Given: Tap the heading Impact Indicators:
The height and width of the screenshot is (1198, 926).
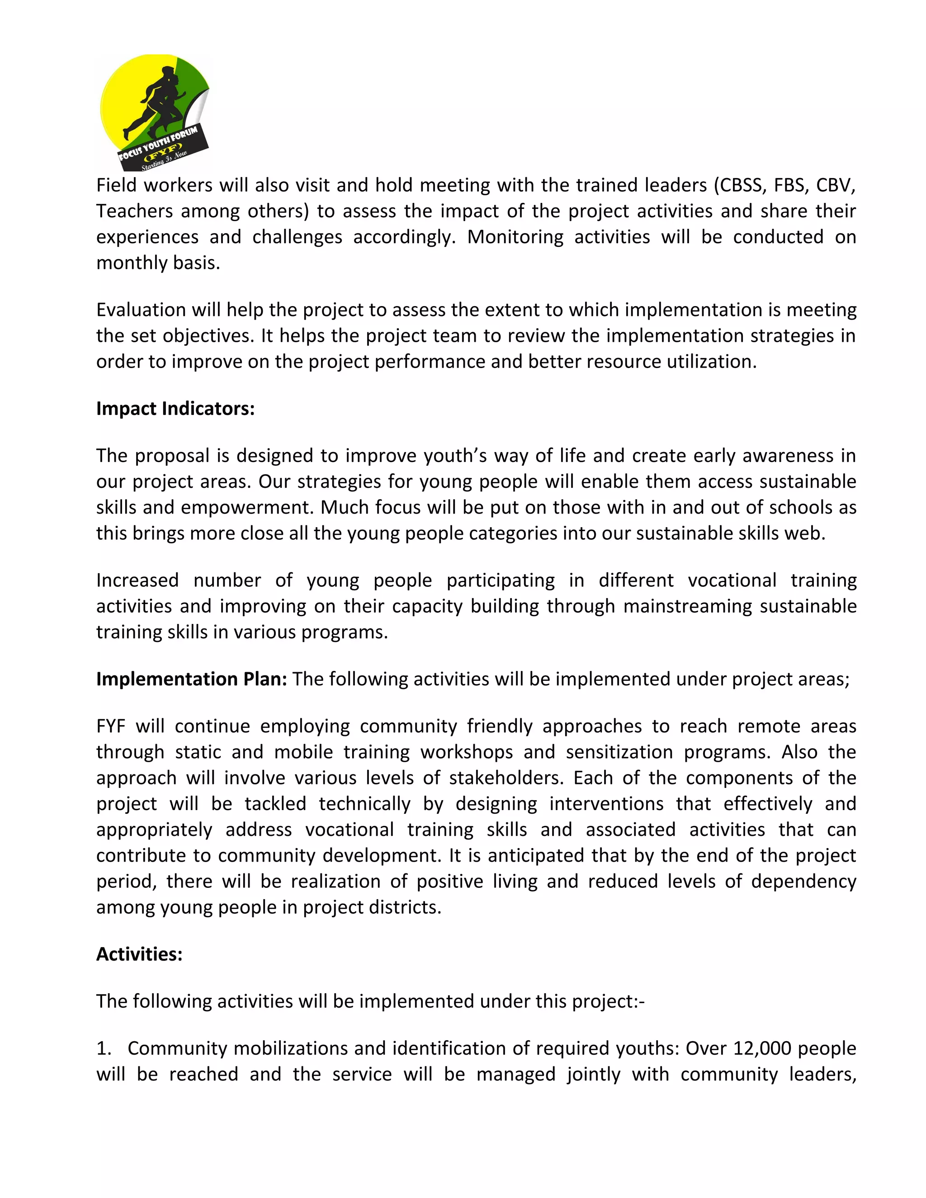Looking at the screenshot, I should pos(175,409).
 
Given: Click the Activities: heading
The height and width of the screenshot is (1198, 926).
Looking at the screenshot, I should pos(139,954).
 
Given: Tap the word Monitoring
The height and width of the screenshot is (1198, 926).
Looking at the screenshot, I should pos(515,237).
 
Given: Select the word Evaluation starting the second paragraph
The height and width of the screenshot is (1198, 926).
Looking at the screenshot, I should pos(142,310).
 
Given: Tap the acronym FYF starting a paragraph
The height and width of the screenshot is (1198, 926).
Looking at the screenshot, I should pos(111,726).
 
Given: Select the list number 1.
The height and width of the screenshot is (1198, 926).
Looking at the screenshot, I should pos(103,1048).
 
